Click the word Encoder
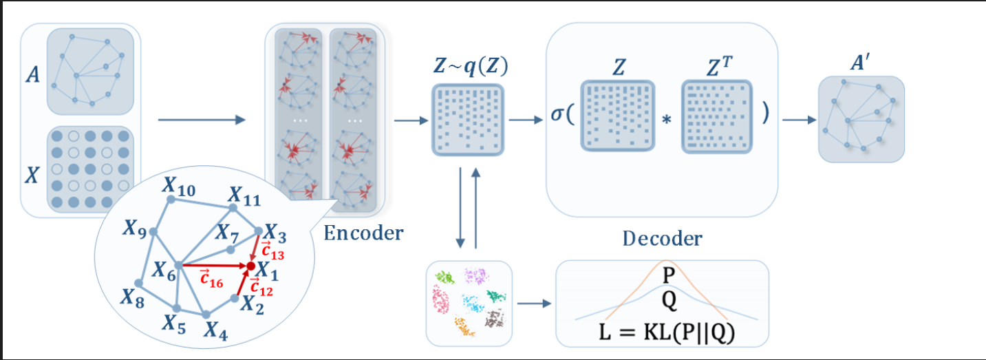pos(363,233)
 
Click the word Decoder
pos(662,238)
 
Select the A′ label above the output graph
pos(861,63)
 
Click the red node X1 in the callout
pos(251,265)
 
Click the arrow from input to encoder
pos(202,120)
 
